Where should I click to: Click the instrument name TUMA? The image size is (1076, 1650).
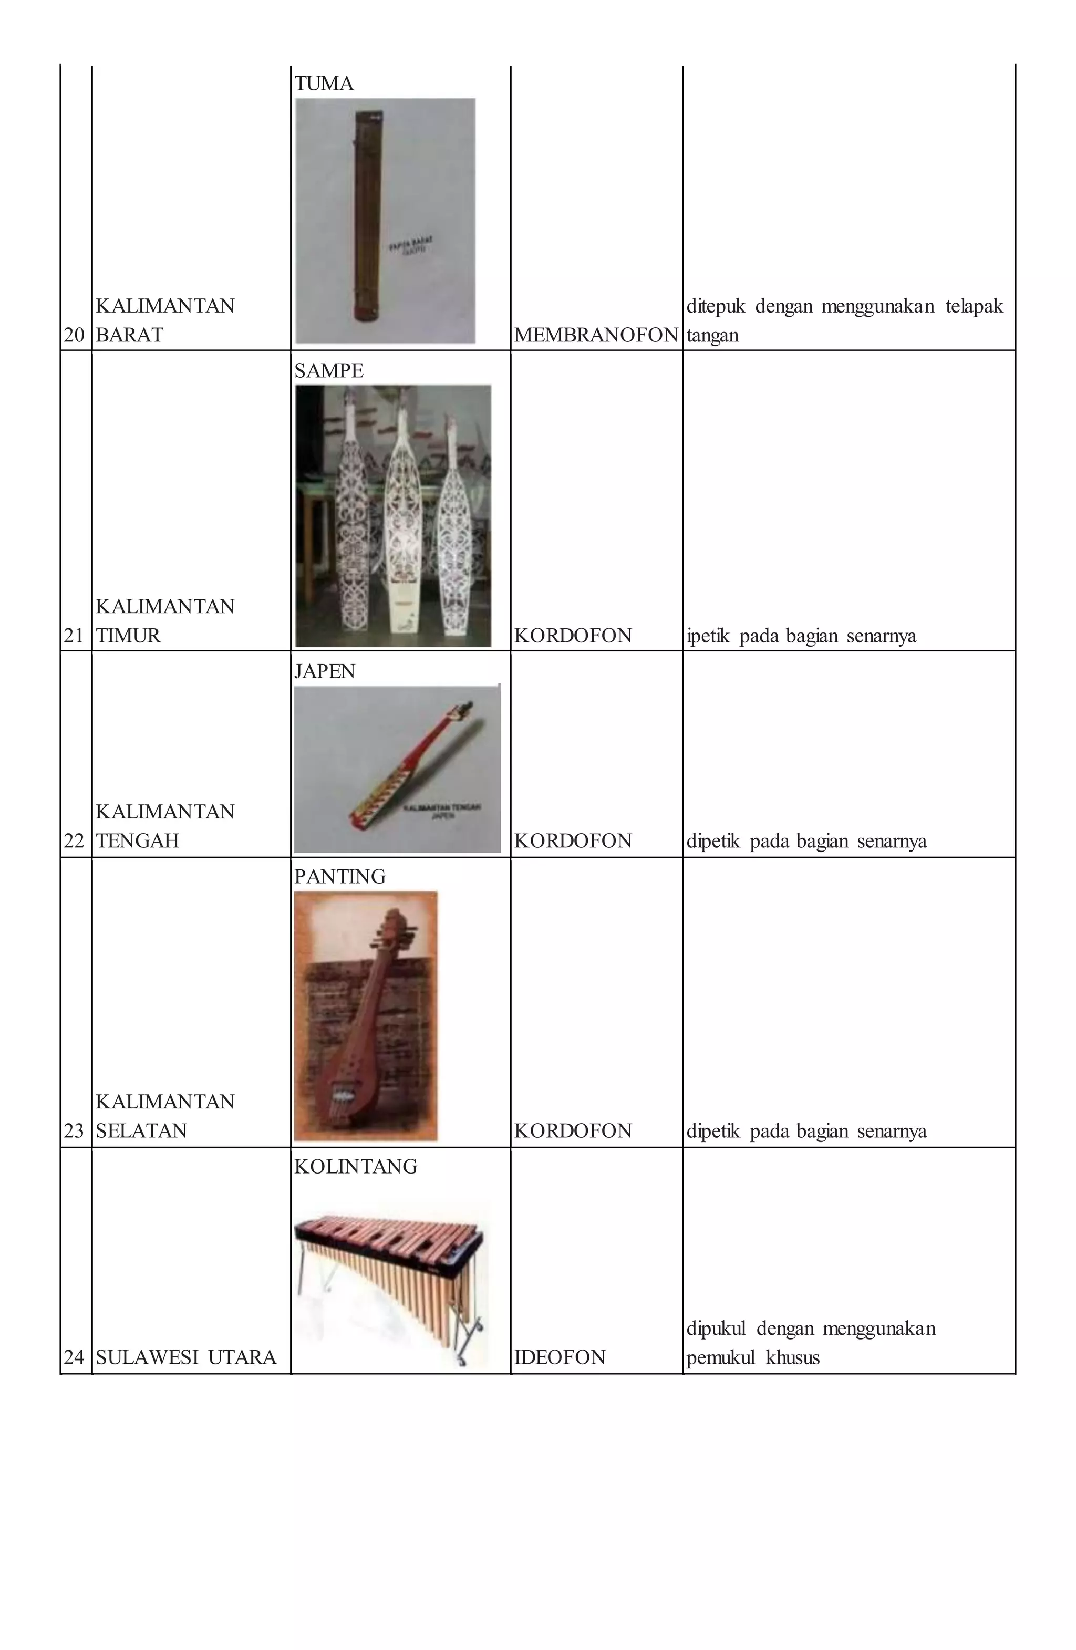(324, 84)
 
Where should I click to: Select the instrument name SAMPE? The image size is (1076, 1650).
(328, 371)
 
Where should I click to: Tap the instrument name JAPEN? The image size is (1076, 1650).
(325, 671)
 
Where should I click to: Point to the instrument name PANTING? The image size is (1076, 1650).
(340, 876)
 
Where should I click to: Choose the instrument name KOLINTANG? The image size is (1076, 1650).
(356, 1166)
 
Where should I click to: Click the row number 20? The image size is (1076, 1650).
(74, 336)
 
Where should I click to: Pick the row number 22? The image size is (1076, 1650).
(74, 841)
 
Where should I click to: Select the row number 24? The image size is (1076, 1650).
(74, 1357)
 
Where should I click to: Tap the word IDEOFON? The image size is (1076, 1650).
(560, 1357)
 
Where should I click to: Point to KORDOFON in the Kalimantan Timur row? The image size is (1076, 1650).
(573, 636)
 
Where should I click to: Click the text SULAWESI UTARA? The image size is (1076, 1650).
(186, 1357)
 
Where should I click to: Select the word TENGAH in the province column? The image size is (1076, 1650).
(137, 841)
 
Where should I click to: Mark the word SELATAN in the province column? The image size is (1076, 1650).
(141, 1131)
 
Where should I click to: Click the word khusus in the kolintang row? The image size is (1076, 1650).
(792, 1357)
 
